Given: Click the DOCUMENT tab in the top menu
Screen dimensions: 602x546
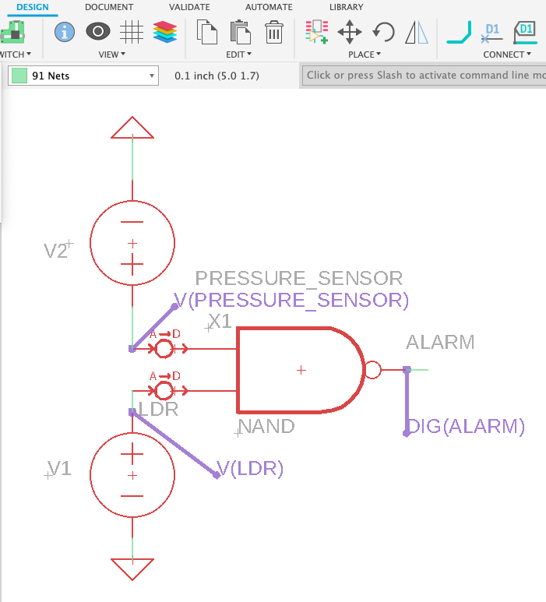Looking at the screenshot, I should [x=108, y=7].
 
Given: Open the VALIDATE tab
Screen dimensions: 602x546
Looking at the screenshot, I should [x=189, y=7].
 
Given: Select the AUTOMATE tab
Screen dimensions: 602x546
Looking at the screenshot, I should [x=269, y=7].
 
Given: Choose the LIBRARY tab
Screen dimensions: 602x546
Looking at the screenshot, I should [x=346, y=7].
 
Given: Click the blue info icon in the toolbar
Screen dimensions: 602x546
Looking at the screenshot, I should [x=64, y=32].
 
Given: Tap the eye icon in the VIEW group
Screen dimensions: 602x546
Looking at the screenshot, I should [x=97, y=32].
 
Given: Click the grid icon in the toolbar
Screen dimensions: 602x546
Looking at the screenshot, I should [x=132, y=32].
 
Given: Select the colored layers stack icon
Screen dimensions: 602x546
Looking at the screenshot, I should [x=165, y=32].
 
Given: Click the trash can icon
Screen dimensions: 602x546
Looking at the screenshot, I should [x=274, y=32].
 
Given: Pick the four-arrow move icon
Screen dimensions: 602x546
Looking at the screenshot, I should [x=350, y=32].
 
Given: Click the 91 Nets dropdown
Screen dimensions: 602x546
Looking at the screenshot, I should [x=83, y=76].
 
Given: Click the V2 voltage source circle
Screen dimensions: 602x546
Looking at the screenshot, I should [x=132, y=242].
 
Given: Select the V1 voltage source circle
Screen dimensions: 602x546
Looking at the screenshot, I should [x=132, y=474].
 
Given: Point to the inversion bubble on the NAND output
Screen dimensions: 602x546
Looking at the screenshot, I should [x=373, y=369].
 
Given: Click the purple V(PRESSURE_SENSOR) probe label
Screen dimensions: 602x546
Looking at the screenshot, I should [x=291, y=300].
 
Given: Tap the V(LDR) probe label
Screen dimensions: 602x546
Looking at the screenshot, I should [x=250, y=469].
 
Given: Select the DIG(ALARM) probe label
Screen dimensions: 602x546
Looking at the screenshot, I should [x=467, y=426].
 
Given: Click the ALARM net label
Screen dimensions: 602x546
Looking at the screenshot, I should [x=440, y=342].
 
